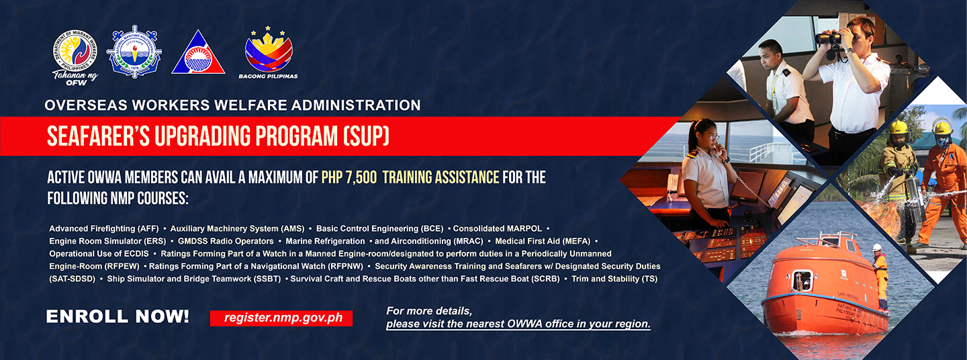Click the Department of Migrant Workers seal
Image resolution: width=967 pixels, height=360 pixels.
click(75, 51)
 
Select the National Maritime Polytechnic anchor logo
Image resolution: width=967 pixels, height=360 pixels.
click(134, 51)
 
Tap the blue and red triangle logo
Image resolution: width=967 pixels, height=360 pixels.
click(198, 52)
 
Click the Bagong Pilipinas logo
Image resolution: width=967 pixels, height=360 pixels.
click(269, 52)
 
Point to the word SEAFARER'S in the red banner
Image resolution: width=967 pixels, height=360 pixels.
click(99, 136)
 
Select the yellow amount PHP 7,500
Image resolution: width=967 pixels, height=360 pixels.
click(349, 177)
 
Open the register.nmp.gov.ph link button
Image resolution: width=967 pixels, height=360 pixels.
click(281, 318)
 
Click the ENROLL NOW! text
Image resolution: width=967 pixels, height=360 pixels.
click(118, 316)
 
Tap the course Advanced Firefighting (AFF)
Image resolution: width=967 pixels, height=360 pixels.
click(104, 228)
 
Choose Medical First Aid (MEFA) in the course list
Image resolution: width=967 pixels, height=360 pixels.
click(543, 241)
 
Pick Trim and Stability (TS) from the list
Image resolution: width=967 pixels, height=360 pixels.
click(614, 279)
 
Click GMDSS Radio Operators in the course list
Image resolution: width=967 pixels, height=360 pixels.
click(226, 241)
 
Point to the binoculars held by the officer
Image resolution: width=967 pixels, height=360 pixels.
click(829, 39)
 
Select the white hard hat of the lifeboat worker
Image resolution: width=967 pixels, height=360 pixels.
click(877, 247)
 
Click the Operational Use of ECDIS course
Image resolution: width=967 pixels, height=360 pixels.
click(99, 254)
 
